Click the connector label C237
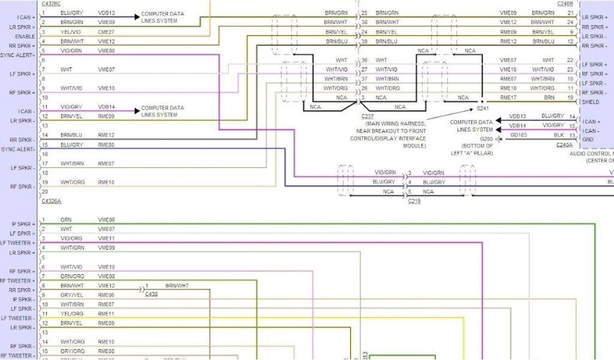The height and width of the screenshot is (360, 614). coord(368,116)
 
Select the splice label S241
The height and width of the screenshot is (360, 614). coord(483,109)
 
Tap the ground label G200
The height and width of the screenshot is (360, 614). coord(486,139)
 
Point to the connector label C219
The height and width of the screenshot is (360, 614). coord(414,201)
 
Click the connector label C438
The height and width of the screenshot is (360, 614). coord(151,295)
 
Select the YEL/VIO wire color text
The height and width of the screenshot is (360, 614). coord(70,32)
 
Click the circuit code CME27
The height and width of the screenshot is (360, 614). coord(107,32)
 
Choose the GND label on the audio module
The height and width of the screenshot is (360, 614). coord(588,139)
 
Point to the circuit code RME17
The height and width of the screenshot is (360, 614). coord(508,97)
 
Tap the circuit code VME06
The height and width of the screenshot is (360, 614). coord(106,220)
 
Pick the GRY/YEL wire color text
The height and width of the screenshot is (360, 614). coord(70,295)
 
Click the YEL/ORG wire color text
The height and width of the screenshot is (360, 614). coord(71,314)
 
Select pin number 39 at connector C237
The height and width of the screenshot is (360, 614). coord(364,41)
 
